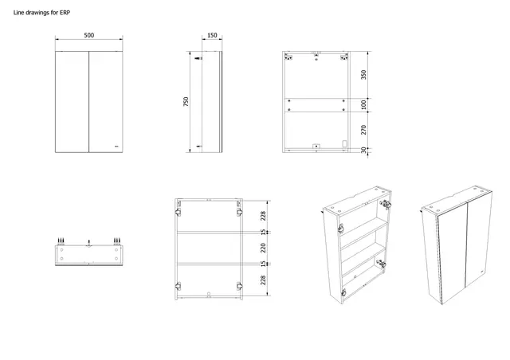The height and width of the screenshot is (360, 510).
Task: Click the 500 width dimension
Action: point(88,34)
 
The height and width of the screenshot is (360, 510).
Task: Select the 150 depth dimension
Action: point(211,35)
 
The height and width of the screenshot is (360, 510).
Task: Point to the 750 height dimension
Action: point(186,102)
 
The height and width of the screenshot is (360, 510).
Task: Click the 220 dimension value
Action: point(264,247)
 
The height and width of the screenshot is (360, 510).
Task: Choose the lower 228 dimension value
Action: point(264,280)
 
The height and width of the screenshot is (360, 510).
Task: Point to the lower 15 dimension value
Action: point(264,264)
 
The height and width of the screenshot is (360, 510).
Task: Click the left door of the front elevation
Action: point(71,102)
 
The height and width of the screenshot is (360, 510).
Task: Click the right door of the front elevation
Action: point(105,102)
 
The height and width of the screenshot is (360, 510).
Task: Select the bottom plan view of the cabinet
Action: point(88,252)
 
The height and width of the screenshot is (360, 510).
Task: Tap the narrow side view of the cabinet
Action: point(211,102)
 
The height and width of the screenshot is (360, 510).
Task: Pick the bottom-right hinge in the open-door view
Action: point(237,285)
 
